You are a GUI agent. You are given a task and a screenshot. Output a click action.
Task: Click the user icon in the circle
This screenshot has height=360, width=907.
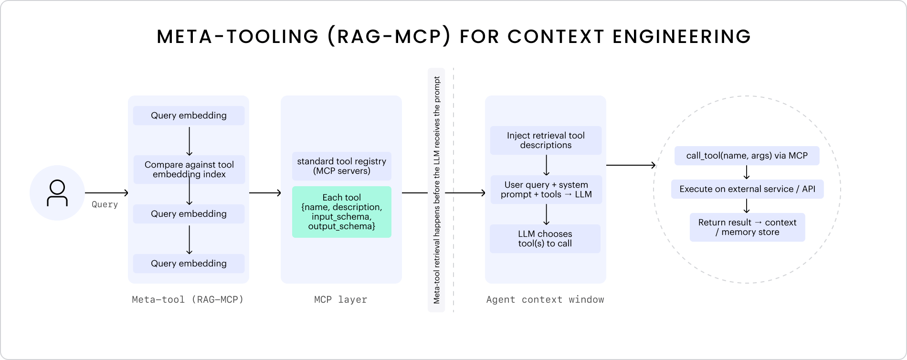click(57, 193)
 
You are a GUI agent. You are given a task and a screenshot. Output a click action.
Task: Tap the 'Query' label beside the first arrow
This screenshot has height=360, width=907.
click(105, 204)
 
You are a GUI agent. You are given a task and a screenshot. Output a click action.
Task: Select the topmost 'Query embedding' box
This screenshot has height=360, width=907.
click(189, 116)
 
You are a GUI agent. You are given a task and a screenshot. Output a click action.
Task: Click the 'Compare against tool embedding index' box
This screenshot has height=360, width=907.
click(189, 169)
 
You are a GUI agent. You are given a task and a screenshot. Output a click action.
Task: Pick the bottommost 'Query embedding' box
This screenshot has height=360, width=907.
click(189, 264)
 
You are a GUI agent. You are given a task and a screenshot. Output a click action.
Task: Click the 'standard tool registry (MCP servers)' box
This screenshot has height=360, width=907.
click(342, 166)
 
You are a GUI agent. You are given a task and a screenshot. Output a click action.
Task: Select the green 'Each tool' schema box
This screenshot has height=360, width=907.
click(342, 212)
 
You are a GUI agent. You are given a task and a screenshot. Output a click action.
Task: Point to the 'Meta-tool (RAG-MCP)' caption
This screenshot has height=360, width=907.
click(188, 300)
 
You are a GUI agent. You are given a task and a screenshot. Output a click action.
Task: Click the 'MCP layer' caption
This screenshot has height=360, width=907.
click(340, 300)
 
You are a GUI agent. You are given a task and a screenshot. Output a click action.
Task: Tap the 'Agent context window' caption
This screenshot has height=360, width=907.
click(545, 300)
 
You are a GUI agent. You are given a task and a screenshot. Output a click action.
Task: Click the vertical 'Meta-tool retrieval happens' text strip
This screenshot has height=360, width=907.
click(436, 190)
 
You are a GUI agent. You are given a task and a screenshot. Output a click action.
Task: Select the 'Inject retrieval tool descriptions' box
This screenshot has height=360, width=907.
click(546, 140)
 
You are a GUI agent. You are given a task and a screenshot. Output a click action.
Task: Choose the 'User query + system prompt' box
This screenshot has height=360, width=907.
click(546, 190)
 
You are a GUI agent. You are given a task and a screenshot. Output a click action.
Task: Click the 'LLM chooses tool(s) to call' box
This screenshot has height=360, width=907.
click(545, 239)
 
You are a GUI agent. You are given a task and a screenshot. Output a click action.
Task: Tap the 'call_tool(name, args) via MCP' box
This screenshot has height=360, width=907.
click(747, 156)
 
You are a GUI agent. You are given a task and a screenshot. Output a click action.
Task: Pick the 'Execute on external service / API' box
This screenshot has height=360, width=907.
click(747, 189)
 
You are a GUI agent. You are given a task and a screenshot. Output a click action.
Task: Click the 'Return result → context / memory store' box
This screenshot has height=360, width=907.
click(747, 227)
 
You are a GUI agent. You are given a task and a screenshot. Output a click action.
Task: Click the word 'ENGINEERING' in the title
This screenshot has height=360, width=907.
click(682, 37)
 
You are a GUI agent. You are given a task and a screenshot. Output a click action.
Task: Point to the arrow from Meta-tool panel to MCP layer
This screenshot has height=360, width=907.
click(265, 193)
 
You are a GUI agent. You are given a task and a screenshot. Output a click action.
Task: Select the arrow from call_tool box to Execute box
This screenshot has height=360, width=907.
click(747, 172)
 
